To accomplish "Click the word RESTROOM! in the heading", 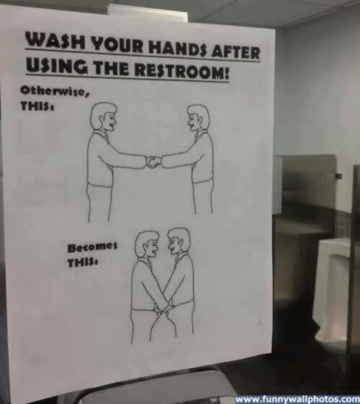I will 184,72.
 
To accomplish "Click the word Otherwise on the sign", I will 44,90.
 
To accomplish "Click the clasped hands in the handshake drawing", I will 153,161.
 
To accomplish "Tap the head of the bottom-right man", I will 178,241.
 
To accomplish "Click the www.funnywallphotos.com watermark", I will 297,399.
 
